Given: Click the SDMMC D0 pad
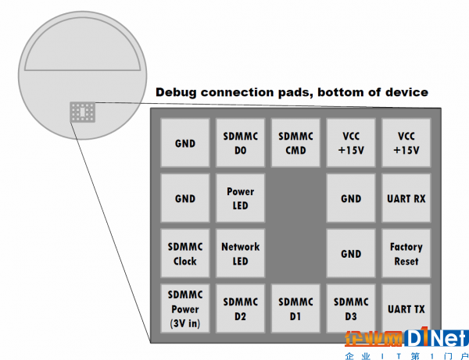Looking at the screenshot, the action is pyautogui.click(x=241, y=143).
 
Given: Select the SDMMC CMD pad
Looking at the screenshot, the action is pyautogui.click(x=295, y=143).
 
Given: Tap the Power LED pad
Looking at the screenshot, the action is pyautogui.click(x=241, y=198).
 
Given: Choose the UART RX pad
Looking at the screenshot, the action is pyautogui.click(x=406, y=198).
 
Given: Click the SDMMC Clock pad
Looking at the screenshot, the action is pyautogui.click(x=185, y=253).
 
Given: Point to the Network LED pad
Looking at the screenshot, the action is pyautogui.click(x=241, y=253).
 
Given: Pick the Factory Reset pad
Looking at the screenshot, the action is pyautogui.click(x=406, y=253).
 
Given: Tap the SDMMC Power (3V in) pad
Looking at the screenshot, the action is pyautogui.click(x=185, y=308).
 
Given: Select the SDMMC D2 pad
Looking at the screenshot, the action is pyautogui.click(x=241, y=308).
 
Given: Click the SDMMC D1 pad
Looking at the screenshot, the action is pyautogui.click(x=295, y=308).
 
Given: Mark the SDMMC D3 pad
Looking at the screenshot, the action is pyautogui.click(x=351, y=308).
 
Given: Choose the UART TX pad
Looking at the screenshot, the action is pyautogui.click(x=406, y=308).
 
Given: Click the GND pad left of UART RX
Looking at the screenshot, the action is pyautogui.click(x=351, y=198).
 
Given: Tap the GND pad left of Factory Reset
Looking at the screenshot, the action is pyautogui.click(x=351, y=253).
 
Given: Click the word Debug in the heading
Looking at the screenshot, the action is pyautogui.click(x=176, y=93).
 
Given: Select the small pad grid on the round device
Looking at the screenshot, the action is pyautogui.click(x=83, y=112).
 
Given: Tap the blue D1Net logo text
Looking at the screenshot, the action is pyautogui.click(x=436, y=337).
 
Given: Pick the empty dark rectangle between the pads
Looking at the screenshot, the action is pyautogui.click(x=295, y=226).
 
